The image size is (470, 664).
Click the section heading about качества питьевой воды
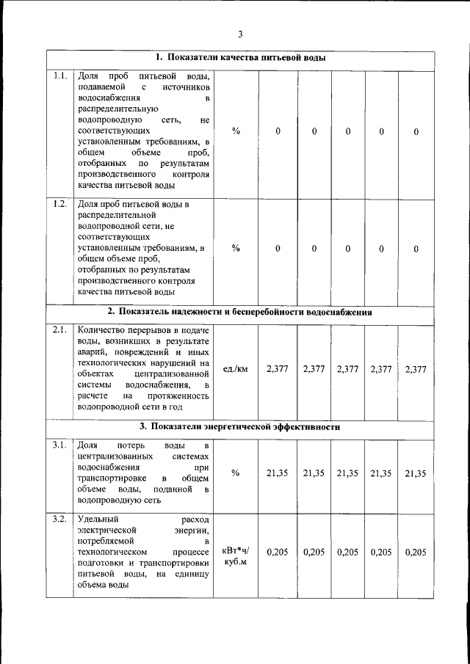(240, 58)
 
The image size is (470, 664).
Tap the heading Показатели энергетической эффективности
(240, 426)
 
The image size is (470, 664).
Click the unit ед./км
(235, 369)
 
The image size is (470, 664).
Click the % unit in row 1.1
(236, 131)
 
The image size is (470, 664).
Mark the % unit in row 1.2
(236, 248)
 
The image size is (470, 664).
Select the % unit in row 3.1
(236, 473)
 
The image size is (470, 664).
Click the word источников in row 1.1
(185, 87)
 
